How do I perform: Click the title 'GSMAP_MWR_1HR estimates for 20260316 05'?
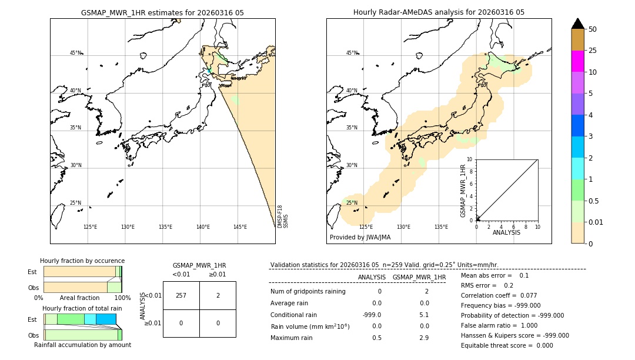[162, 12]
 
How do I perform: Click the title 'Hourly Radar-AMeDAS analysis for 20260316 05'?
[439, 12]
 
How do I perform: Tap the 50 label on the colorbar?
[593, 29]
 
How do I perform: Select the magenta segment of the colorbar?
[577, 61]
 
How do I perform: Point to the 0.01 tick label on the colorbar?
[596, 222]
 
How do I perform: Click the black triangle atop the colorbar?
[577, 24]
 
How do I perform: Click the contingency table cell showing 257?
[181, 295]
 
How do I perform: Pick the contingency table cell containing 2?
[218, 295]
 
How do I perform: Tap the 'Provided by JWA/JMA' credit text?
[360, 238]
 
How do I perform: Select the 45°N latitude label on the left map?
[76, 53]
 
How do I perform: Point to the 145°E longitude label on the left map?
[240, 227]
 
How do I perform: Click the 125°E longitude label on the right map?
[366, 227]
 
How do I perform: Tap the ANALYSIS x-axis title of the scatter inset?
[507, 232]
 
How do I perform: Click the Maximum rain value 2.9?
[423, 338]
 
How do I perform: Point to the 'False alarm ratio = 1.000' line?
[499, 325]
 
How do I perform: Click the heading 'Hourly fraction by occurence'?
[82, 261]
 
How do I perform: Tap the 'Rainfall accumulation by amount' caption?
[82, 345]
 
